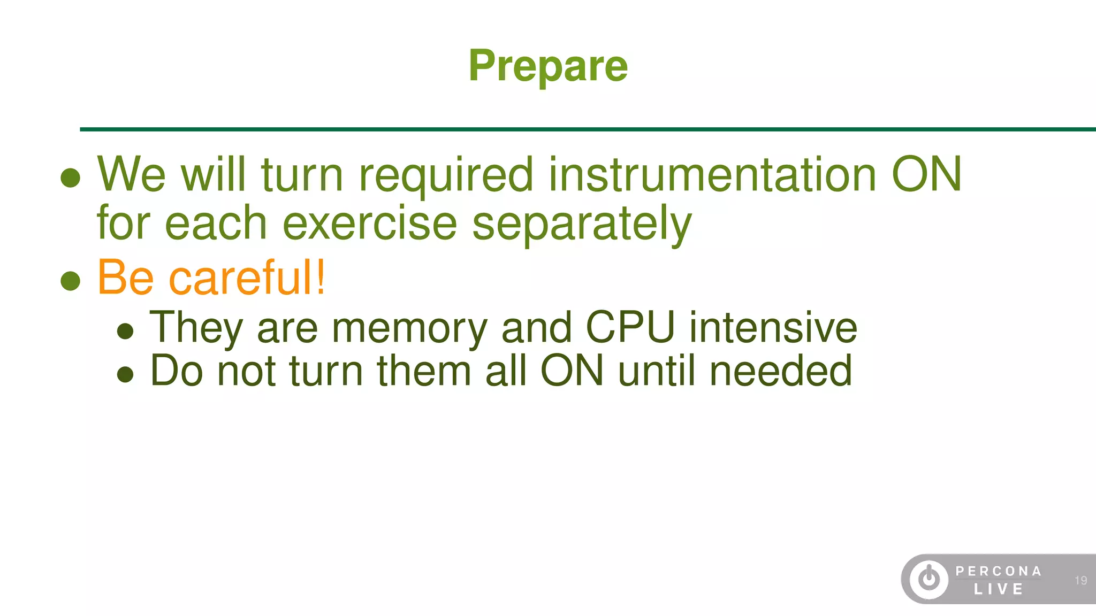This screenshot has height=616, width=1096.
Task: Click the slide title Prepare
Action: (x=548, y=66)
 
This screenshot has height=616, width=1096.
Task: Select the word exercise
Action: (x=369, y=223)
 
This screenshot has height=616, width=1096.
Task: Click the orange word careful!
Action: (x=247, y=277)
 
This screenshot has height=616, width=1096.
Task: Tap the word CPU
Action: (x=630, y=327)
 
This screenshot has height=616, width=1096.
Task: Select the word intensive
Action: (x=773, y=327)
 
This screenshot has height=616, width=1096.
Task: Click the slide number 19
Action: (x=1080, y=580)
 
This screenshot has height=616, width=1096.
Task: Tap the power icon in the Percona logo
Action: (x=929, y=579)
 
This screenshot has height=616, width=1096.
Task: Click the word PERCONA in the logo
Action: (x=999, y=571)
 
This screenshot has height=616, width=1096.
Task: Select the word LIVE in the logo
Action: (x=999, y=589)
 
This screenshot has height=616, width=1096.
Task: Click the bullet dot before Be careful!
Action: (x=71, y=280)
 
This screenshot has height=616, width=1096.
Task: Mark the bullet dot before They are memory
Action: (x=125, y=331)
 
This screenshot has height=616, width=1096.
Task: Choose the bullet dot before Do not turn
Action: (x=125, y=374)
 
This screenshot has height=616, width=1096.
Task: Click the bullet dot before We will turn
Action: (x=71, y=178)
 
